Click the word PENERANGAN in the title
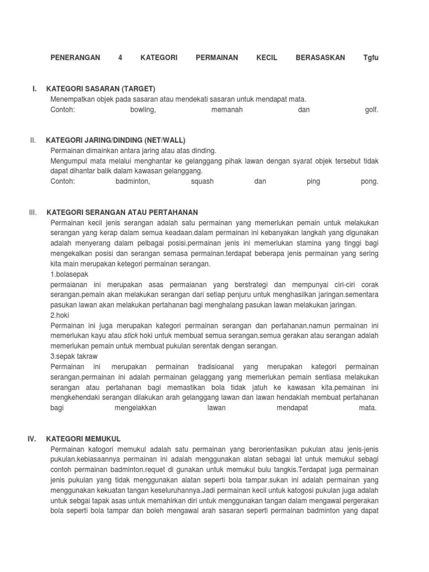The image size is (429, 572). pyautogui.click(x=75, y=58)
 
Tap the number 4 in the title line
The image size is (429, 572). pyautogui.click(x=120, y=58)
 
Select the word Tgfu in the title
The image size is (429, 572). pyautogui.click(x=371, y=58)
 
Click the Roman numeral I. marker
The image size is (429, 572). pyautogui.click(x=35, y=89)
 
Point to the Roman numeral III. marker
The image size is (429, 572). pyautogui.click(x=32, y=212)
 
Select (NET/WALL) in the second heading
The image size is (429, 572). pyautogui.click(x=165, y=140)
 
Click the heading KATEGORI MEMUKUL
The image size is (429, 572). pyautogui.click(x=84, y=438)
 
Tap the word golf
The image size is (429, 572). pyautogui.click(x=372, y=109)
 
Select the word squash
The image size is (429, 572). pyautogui.click(x=202, y=182)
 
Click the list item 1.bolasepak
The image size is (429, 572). pyautogui.click(x=69, y=274)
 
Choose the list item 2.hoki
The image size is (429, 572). pyautogui.click(x=59, y=315)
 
